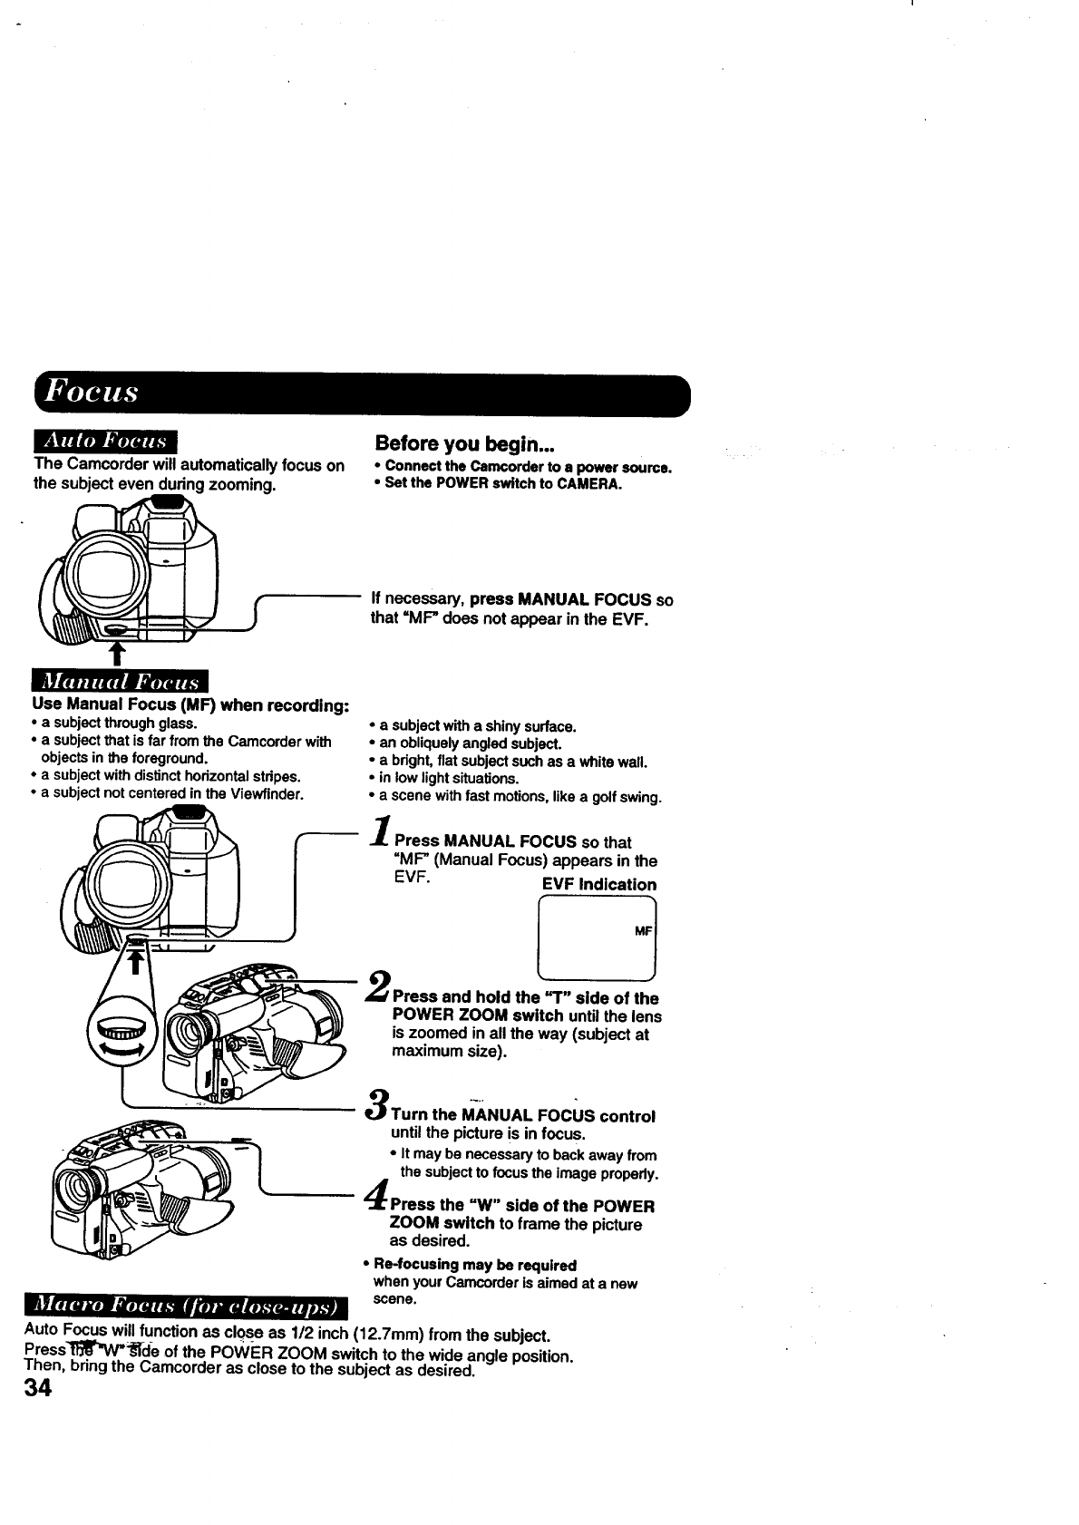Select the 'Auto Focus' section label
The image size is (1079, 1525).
(x=106, y=442)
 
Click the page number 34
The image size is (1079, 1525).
(x=40, y=1388)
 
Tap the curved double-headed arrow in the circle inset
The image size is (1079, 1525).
(x=124, y=1047)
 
